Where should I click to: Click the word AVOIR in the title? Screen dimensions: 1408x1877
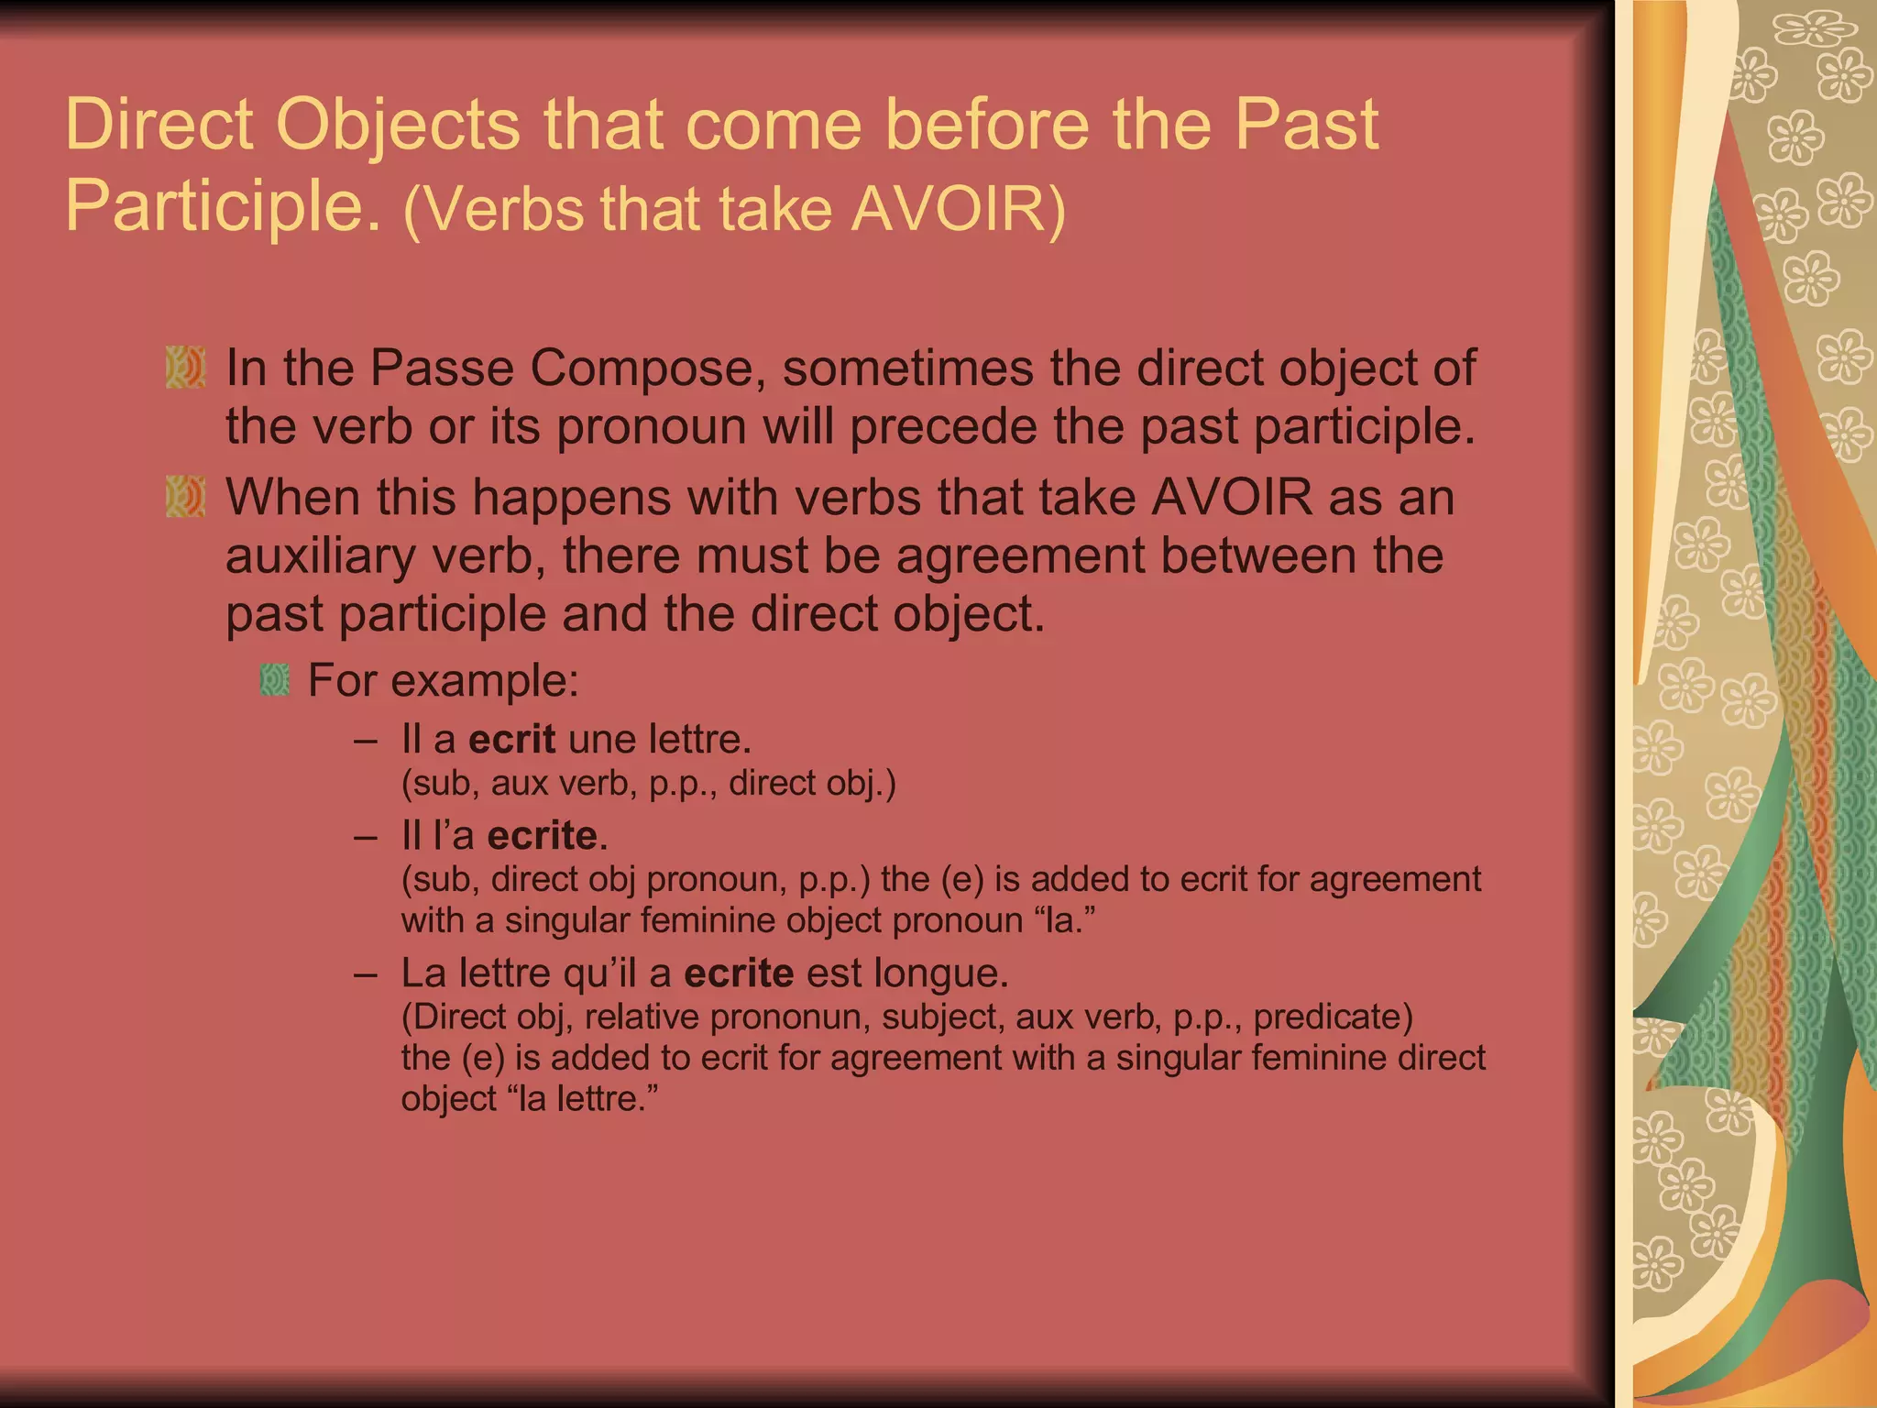click(x=949, y=209)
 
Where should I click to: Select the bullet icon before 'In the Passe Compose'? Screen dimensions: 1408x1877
click(x=185, y=368)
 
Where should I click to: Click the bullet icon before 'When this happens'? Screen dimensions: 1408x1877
click(x=185, y=497)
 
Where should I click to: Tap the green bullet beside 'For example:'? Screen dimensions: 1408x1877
click(x=275, y=680)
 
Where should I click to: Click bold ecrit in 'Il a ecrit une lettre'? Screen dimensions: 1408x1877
click(x=511, y=739)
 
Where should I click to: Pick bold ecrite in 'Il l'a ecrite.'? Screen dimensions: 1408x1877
click(x=543, y=835)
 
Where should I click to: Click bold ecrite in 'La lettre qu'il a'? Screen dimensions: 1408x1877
click(x=739, y=973)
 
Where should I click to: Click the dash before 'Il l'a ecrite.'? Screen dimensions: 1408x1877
click(x=366, y=835)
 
